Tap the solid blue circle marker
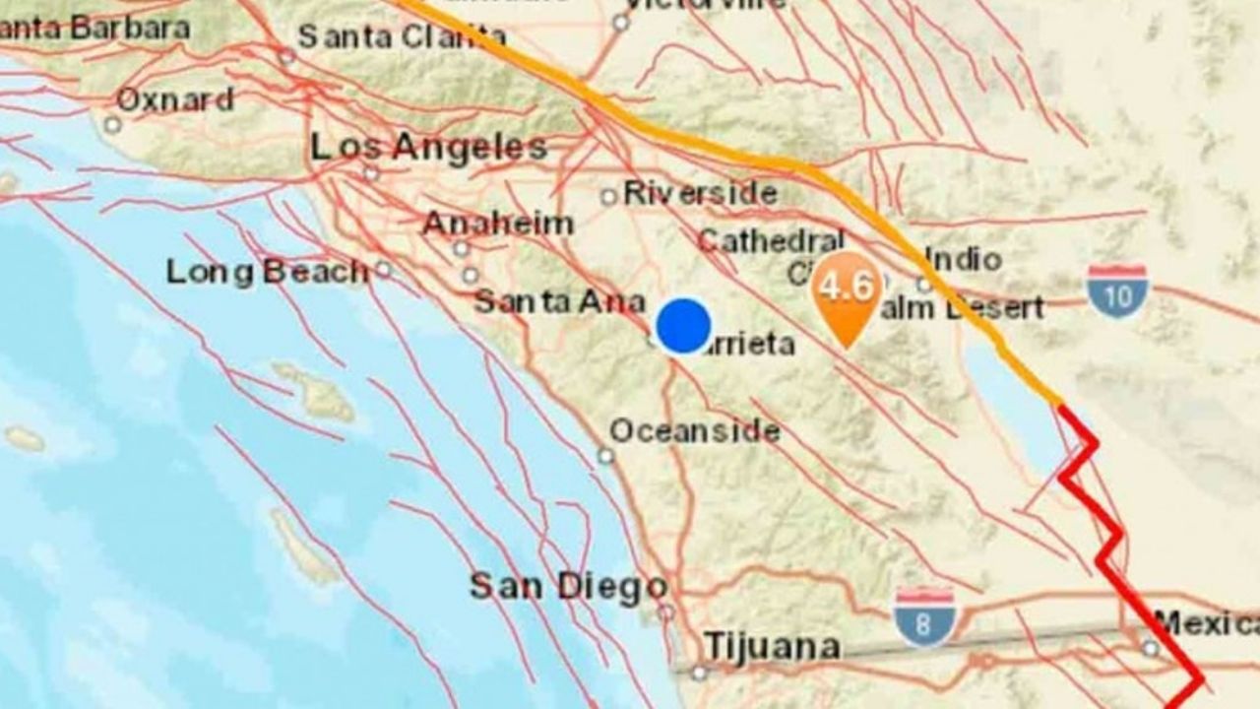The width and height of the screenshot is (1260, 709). [683, 326]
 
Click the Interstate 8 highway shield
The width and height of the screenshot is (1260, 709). [926, 616]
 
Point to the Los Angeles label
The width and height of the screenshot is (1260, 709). [428, 148]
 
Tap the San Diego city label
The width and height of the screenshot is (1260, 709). [568, 587]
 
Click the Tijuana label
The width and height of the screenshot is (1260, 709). [772, 647]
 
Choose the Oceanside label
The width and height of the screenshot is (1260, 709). [694, 431]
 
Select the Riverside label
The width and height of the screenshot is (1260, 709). [700, 193]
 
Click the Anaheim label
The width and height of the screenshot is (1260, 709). [497, 224]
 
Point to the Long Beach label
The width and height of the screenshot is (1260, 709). [266, 272]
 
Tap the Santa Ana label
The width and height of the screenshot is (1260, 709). [559, 301]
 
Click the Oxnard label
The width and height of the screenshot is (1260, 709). [174, 99]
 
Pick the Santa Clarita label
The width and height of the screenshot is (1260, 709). [402, 37]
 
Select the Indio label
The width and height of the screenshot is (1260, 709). [963, 260]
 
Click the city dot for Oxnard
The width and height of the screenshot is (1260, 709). [112, 125]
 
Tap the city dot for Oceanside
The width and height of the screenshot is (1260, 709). [605, 456]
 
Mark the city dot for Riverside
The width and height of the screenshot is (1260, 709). [608, 197]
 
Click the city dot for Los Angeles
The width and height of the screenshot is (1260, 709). [371, 174]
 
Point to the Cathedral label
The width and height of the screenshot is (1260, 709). [771, 240]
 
